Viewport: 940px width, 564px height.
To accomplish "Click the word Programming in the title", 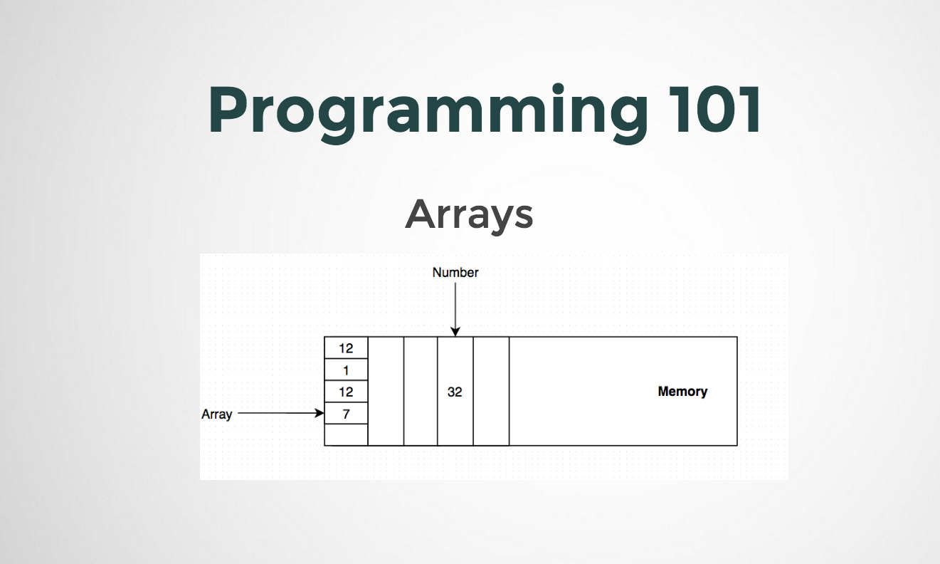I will (427, 110).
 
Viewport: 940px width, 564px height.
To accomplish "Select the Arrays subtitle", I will (469, 214).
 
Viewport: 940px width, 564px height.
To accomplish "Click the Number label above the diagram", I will (455, 272).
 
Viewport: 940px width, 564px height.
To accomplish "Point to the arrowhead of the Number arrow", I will (455, 331).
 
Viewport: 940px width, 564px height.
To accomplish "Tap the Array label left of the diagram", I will (216, 414).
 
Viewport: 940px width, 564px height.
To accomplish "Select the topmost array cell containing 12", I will (346, 348).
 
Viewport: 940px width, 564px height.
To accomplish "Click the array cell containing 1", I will (346, 370).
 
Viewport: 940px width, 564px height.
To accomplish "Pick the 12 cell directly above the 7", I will (346, 392).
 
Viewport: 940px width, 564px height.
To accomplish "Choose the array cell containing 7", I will (346, 414).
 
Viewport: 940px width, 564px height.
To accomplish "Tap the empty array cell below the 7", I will (346, 434).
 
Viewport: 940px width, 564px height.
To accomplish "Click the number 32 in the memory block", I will (455, 392).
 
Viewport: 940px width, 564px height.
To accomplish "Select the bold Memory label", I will (682, 391).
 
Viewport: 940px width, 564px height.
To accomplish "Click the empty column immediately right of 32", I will (491, 392).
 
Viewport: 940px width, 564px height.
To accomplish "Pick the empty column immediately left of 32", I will (421, 392).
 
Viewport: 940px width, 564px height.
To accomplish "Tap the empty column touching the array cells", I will (386, 392).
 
